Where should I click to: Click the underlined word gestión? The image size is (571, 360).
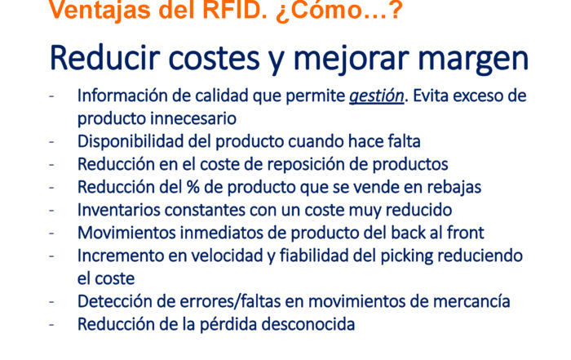tap(377, 96)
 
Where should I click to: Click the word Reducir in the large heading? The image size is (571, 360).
tap(104, 58)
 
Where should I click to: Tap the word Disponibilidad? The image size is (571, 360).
tap(131, 142)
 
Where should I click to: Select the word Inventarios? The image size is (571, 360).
tap(119, 210)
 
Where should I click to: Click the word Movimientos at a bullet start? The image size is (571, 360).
tap(126, 233)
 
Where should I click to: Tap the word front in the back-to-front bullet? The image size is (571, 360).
tap(466, 233)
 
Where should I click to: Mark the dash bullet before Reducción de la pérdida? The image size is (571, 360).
tap(51, 324)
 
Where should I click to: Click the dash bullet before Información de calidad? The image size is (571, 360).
tap(51, 96)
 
